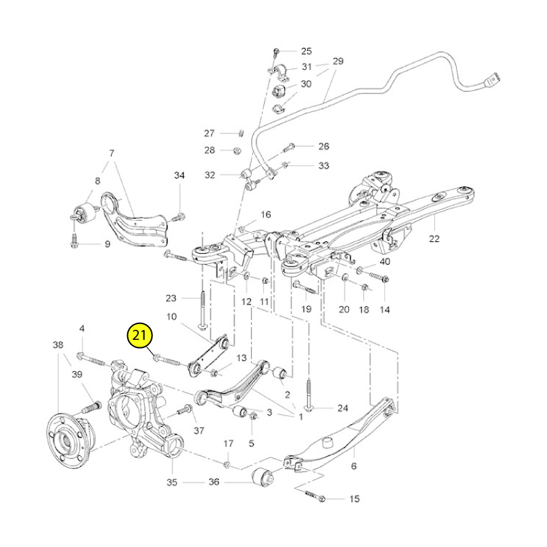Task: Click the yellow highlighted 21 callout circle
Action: (x=140, y=335)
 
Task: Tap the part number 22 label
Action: (x=434, y=239)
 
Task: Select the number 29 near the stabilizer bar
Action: (x=338, y=61)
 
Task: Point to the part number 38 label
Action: (x=58, y=345)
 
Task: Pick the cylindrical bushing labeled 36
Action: (x=263, y=476)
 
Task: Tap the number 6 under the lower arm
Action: (x=353, y=466)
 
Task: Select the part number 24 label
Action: (x=343, y=408)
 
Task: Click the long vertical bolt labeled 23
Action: (x=202, y=310)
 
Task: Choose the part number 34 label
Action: (x=179, y=175)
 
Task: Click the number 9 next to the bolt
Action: (x=107, y=244)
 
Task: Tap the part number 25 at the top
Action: (x=306, y=51)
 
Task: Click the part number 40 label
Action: (x=384, y=261)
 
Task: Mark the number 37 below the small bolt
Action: (x=199, y=431)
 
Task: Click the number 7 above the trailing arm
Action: (x=111, y=153)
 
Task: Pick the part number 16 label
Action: (x=266, y=215)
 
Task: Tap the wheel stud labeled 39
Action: (x=91, y=407)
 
